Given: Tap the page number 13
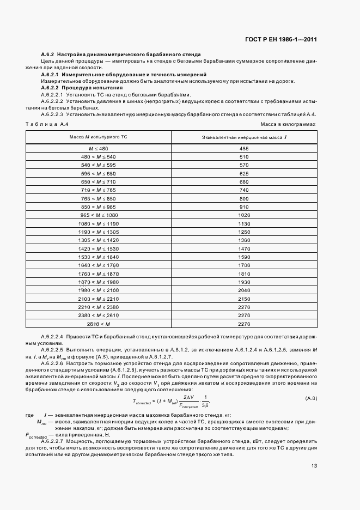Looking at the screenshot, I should click(314, 465).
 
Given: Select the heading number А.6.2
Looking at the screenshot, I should click(48, 55).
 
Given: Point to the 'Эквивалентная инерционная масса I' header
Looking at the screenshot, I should click(243, 138).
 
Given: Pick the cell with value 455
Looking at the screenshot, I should click(243, 148).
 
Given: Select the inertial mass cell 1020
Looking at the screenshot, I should click(243, 215).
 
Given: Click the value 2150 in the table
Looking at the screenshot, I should click(243, 299).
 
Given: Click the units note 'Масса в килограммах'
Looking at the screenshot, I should click(291, 125).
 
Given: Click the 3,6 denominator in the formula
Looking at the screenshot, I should click(204, 404).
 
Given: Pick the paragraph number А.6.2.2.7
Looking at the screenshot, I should click(53, 440).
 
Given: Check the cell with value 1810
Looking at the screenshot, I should click(243, 274).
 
